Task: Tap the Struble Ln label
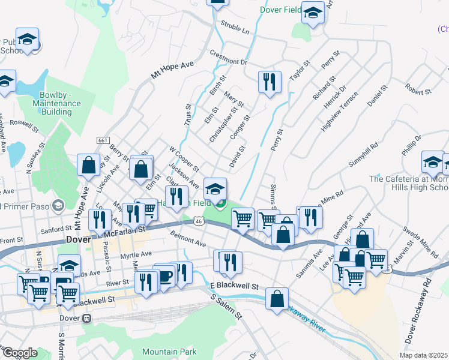[235, 26]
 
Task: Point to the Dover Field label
[280, 10]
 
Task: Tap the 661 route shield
[103, 140]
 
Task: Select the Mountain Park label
[170, 352]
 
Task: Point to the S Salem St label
[226, 306]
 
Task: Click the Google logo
[20, 353]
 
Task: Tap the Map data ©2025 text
[424, 355]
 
